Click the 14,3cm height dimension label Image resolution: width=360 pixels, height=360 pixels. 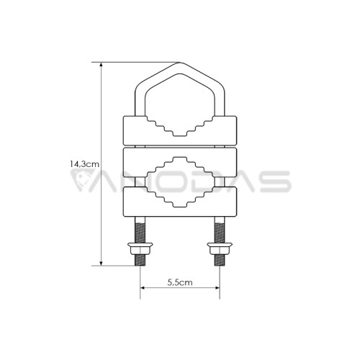84,164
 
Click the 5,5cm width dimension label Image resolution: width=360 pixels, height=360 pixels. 180,282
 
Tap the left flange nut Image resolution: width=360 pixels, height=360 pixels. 140,248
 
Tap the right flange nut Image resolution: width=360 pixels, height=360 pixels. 220,248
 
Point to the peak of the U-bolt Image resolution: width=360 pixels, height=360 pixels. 180,63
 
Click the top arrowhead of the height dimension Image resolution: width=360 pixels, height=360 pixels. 102,65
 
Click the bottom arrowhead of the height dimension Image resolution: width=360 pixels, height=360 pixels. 102,264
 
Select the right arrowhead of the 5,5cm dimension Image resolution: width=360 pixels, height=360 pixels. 217,288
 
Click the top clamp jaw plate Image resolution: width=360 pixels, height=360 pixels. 135,131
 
